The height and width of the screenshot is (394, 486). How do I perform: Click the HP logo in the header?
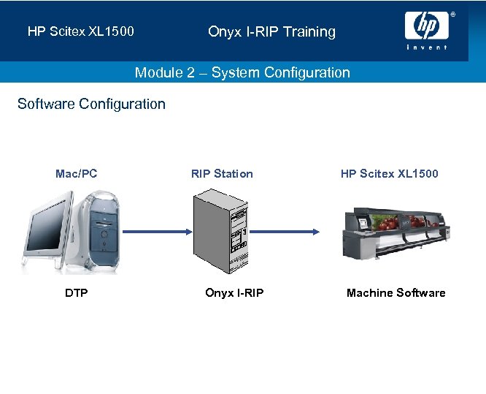(427, 26)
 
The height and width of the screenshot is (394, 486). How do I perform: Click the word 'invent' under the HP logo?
(427, 48)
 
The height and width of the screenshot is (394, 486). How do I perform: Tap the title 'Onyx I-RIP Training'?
(271, 31)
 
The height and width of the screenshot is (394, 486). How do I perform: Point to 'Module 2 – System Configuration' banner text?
(242, 72)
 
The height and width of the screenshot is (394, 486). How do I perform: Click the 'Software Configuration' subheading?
(91, 104)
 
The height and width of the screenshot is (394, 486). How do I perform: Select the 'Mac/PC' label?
(76, 173)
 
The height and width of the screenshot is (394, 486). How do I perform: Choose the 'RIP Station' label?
(222, 173)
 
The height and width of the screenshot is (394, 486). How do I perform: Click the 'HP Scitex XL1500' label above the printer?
(389, 173)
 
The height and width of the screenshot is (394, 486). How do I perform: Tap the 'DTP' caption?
(76, 293)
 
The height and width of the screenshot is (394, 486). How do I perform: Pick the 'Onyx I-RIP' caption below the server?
(234, 293)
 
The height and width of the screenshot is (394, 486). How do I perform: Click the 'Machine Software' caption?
(396, 293)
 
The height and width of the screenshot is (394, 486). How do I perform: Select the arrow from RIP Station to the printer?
(284, 232)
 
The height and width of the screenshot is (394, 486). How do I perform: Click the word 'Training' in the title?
(309, 31)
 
